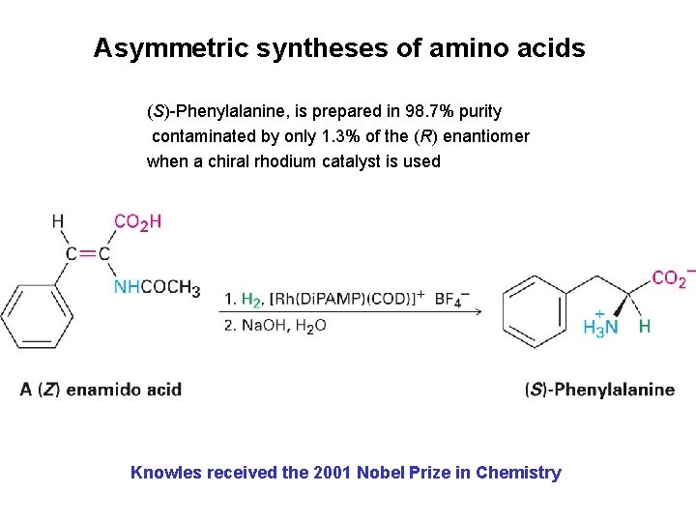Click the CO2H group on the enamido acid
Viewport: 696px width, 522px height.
tap(137, 222)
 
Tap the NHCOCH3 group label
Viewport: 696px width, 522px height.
tap(157, 287)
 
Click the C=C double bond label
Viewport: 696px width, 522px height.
tap(88, 254)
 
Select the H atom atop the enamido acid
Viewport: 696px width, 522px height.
tap(58, 222)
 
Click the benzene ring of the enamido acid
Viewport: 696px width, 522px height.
tap(37, 314)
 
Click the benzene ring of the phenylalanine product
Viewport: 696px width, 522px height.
tap(534, 308)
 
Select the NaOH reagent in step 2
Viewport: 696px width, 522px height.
tap(263, 326)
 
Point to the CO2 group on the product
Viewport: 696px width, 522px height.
tap(671, 279)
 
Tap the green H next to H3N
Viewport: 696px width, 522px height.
tap(645, 327)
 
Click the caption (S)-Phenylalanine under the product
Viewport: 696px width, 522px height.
tap(599, 390)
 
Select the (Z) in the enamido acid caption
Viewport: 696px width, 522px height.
tap(49, 390)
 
